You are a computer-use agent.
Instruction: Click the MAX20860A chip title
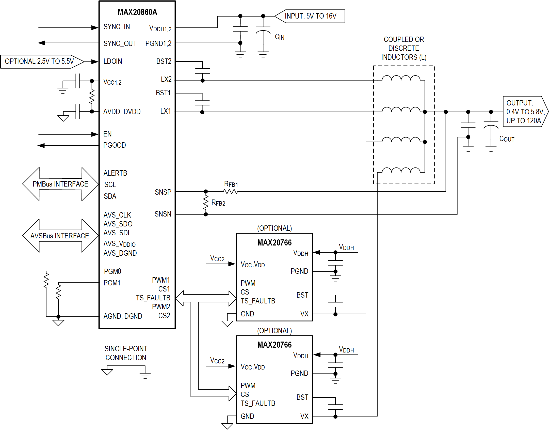pyautogui.click(x=137, y=12)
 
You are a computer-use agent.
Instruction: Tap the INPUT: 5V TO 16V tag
pyautogui.click(x=310, y=16)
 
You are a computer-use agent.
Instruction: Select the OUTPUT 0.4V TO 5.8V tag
pyautogui.click(x=525, y=112)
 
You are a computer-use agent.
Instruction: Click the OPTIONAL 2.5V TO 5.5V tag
pyautogui.click(x=39, y=62)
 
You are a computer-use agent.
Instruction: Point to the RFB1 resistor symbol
pyautogui.click(x=231, y=191)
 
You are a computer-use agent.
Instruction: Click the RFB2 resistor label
pyautogui.click(x=218, y=203)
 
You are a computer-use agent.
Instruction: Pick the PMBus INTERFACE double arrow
pyautogui.click(x=60, y=184)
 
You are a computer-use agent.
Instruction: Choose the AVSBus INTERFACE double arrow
pyautogui.click(x=60, y=236)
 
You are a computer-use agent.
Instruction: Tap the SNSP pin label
pyautogui.click(x=163, y=192)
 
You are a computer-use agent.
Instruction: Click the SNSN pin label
pyautogui.click(x=163, y=214)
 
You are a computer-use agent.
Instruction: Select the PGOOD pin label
pyautogui.click(x=115, y=145)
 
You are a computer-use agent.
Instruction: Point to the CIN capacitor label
pyautogui.click(x=280, y=37)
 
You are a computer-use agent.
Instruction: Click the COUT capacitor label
pyautogui.click(x=507, y=139)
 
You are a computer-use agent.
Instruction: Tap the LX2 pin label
pyautogui.click(x=166, y=80)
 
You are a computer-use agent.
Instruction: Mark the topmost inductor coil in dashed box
pyautogui.click(x=401, y=78)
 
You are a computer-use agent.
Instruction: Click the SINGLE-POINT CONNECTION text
pyautogui.click(x=126, y=353)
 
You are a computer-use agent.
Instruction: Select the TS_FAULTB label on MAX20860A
pyautogui.click(x=153, y=298)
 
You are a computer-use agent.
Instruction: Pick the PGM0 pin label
pyautogui.click(x=112, y=271)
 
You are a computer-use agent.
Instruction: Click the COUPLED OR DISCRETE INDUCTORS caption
pyautogui.click(x=404, y=48)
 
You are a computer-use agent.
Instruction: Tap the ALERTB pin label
pyautogui.click(x=115, y=173)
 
